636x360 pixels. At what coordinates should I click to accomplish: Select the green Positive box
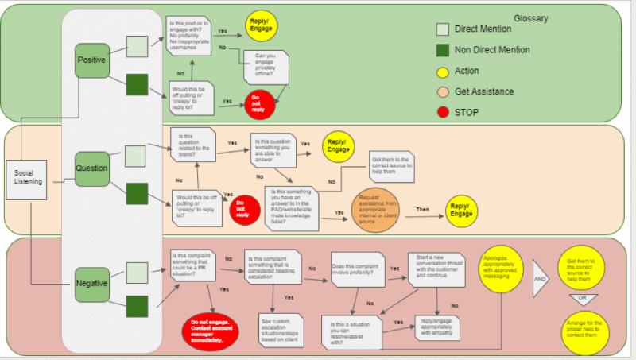pyautogui.click(x=91, y=60)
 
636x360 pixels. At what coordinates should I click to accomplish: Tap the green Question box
pyautogui.click(x=91, y=168)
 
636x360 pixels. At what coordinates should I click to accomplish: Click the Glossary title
pyautogui.click(x=530, y=18)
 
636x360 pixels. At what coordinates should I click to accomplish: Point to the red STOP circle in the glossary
pyautogui.click(x=444, y=112)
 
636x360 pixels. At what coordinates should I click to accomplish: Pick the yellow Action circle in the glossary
pyautogui.click(x=444, y=71)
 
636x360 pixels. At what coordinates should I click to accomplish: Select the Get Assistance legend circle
pyautogui.click(x=444, y=91)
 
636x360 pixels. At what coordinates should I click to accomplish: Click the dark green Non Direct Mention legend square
pyautogui.click(x=444, y=50)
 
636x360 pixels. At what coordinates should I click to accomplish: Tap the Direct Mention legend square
pyautogui.click(x=444, y=29)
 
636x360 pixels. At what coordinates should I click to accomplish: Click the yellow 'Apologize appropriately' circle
pyautogui.click(x=504, y=277)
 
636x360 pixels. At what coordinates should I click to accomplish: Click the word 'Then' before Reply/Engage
pyautogui.click(x=423, y=210)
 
